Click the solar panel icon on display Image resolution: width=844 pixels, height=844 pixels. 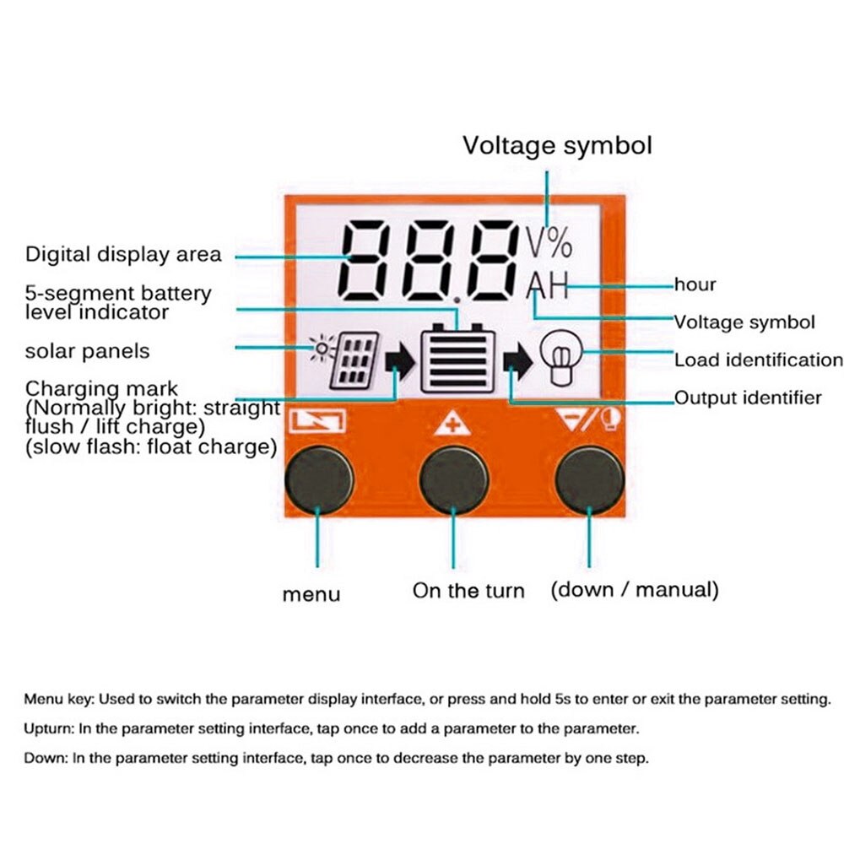348,360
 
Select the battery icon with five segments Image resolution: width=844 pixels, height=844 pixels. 457,358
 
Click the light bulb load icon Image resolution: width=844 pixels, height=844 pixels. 558,361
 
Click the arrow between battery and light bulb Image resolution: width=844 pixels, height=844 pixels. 517,362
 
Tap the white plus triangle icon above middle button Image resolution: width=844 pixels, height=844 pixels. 452,422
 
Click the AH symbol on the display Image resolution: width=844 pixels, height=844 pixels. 548,289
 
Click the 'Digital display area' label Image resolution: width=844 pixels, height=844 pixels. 123,254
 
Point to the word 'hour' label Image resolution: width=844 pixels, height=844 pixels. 695,284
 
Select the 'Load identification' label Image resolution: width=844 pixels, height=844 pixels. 758,360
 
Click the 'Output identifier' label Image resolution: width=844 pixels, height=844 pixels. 747,398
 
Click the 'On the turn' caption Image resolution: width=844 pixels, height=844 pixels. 468,591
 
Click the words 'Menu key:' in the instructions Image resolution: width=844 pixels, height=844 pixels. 57,699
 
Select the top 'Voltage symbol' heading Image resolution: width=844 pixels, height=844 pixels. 557,145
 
